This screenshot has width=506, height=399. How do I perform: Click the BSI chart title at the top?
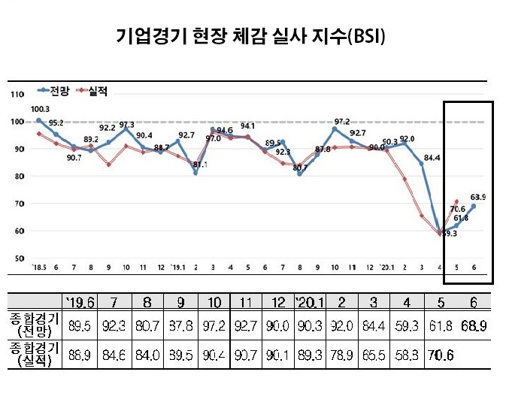click(x=253, y=35)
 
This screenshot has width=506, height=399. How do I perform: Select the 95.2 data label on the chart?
click(x=56, y=122)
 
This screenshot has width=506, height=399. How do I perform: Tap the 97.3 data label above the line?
click(x=127, y=125)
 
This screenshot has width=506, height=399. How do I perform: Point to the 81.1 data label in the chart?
click(x=200, y=165)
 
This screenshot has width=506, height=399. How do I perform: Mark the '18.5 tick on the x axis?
click(x=38, y=268)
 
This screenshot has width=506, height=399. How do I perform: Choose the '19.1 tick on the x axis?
click(x=178, y=268)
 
